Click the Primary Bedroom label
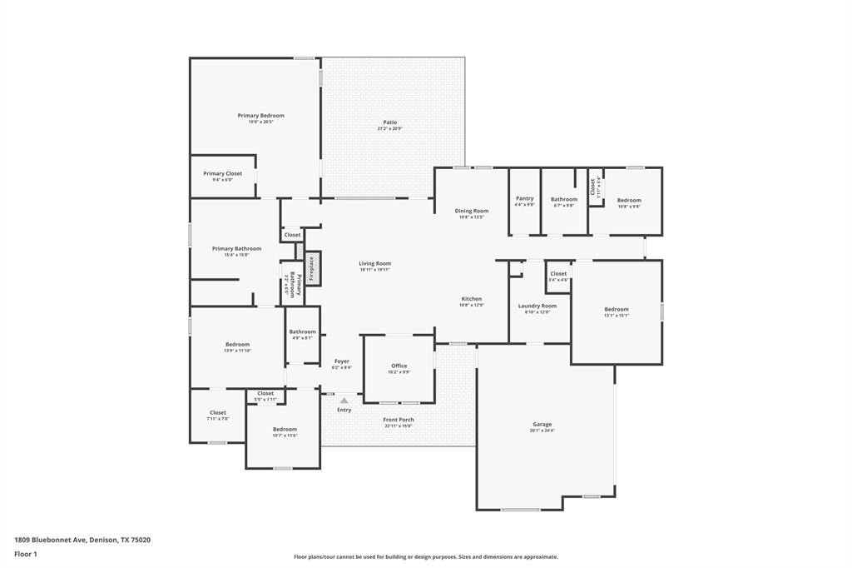(260, 116)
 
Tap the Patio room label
(389, 122)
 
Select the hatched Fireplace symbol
(313, 268)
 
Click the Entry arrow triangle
(344, 401)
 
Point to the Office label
(398, 366)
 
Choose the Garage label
(542, 424)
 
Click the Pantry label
(524, 198)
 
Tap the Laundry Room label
(537, 306)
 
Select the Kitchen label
(471, 299)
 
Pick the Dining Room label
(471, 211)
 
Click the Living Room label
(374, 263)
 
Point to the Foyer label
(341, 361)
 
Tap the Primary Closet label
(222, 173)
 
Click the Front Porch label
(398, 420)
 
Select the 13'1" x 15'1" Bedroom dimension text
(617, 316)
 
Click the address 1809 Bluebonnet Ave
(50, 540)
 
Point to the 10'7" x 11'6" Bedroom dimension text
(285, 436)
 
